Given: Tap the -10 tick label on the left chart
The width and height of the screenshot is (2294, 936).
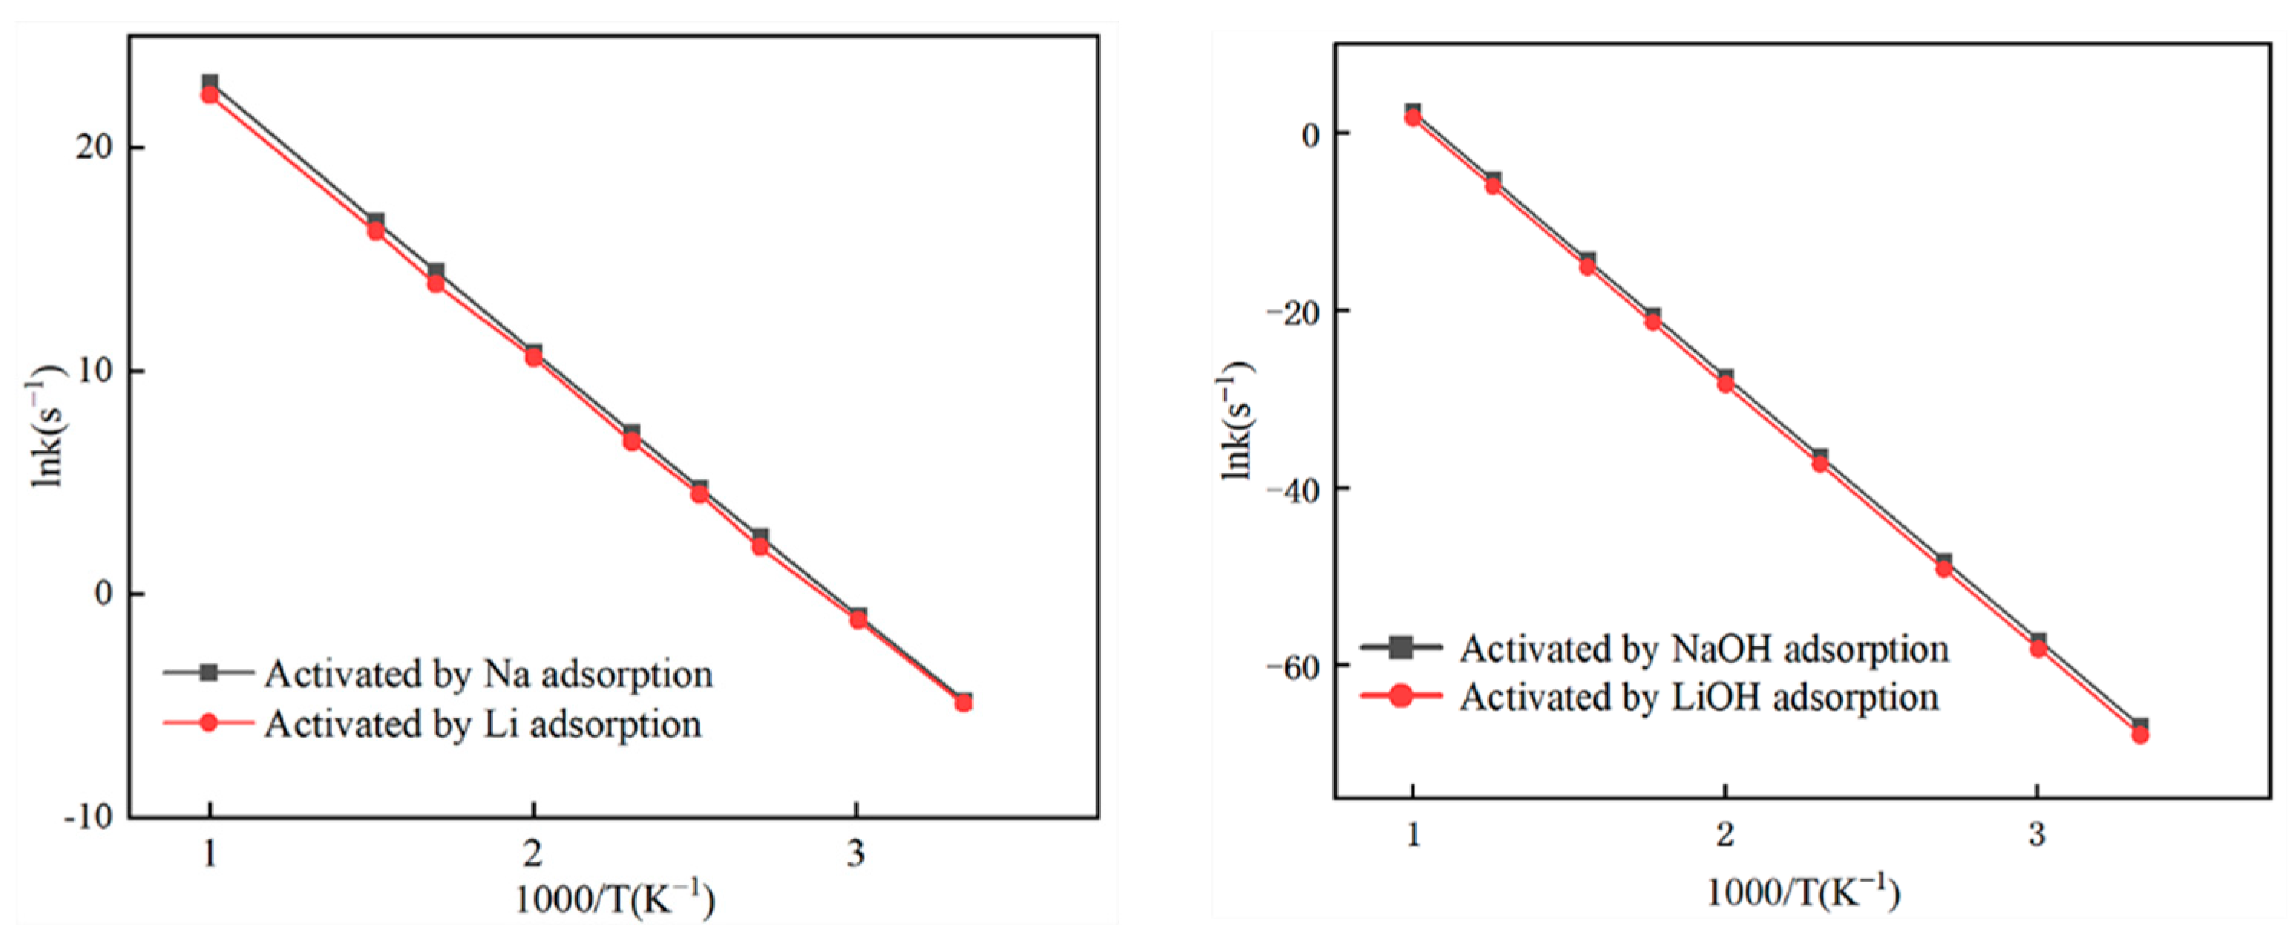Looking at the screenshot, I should [x=89, y=817].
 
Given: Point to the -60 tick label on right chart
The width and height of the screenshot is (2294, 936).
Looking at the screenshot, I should [x=1294, y=666].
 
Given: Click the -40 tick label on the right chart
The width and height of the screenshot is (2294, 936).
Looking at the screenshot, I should [x=1294, y=488].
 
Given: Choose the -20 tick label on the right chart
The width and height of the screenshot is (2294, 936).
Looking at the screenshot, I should [x=1294, y=310].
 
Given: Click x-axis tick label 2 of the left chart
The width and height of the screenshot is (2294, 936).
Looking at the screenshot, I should [x=533, y=853].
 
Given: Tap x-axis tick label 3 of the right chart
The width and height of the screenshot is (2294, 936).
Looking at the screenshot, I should [x=2037, y=833].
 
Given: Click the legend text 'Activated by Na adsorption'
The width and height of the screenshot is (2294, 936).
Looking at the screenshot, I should [x=488, y=674].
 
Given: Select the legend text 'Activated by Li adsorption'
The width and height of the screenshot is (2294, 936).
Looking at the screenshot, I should [x=483, y=724].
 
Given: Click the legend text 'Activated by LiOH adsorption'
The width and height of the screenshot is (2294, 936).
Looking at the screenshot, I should [x=1698, y=696].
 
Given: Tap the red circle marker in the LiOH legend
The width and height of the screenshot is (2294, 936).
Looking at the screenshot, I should [x=1401, y=695].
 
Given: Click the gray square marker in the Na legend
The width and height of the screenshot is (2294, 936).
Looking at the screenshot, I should [x=208, y=673].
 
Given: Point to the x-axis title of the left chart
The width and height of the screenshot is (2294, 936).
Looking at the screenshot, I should [x=614, y=899].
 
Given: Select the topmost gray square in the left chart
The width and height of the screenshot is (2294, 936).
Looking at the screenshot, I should [x=209, y=83].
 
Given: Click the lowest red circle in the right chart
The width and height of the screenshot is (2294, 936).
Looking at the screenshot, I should [x=2140, y=735].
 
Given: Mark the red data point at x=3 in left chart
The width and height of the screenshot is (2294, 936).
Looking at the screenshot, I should [x=857, y=619].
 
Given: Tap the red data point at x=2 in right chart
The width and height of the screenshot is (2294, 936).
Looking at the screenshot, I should [x=1725, y=384].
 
